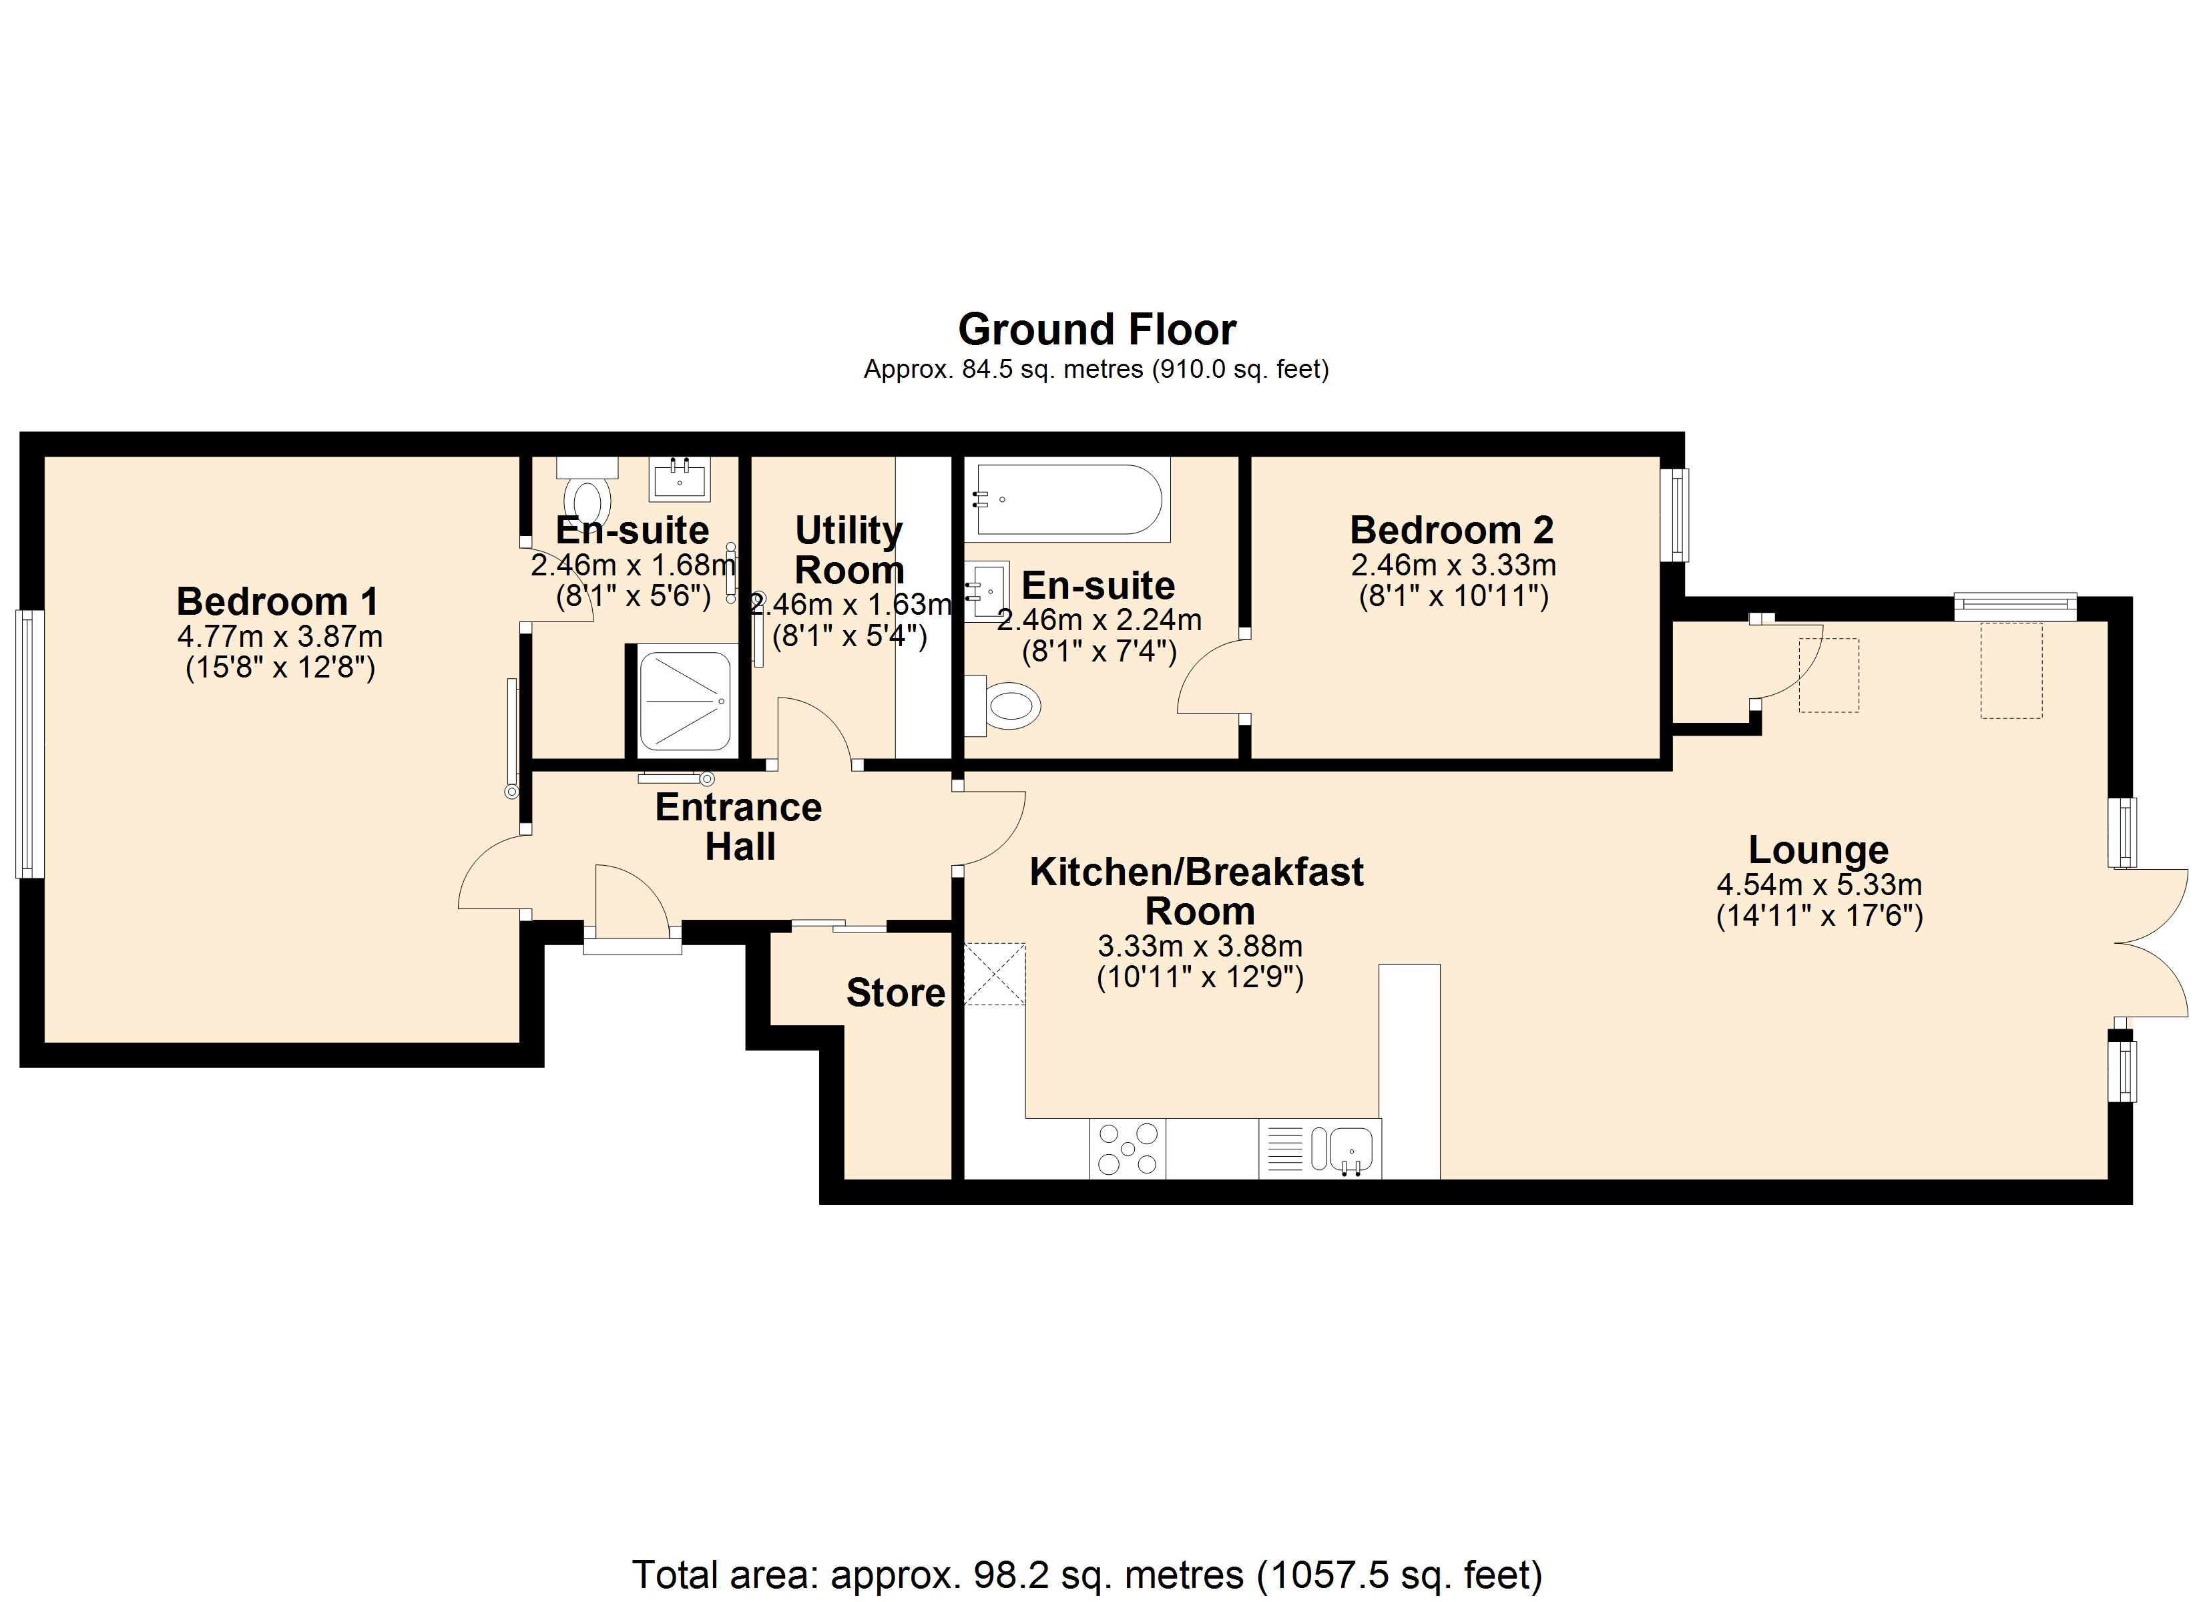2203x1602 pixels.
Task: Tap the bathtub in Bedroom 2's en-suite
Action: point(1069,499)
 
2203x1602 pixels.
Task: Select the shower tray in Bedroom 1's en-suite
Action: point(684,700)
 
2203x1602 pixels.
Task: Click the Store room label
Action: point(895,993)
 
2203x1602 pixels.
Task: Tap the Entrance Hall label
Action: point(738,827)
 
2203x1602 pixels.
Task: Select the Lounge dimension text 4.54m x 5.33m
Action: point(1818,885)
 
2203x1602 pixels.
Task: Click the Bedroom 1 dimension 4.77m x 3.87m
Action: point(280,637)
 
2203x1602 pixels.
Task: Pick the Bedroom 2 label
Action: point(1451,531)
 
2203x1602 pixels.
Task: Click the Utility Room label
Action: point(849,550)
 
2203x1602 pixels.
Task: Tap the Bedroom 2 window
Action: point(1674,515)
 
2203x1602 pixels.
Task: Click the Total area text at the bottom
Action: point(1087,1575)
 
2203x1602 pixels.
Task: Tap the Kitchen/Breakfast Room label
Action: point(1197,891)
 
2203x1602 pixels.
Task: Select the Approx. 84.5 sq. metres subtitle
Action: point(1095,369)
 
